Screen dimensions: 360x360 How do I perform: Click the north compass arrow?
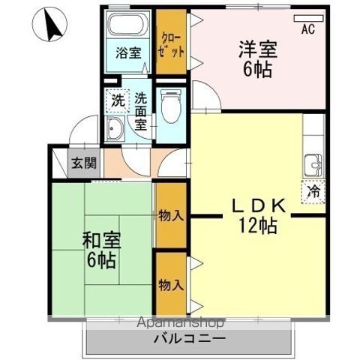tap(53, 27)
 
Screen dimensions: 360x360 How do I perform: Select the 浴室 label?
tap(128, 53)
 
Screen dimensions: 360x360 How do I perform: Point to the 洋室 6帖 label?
tap(257, 59)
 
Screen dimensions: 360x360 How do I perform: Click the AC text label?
tap(307, 30)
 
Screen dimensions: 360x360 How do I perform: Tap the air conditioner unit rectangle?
tap(310, 16)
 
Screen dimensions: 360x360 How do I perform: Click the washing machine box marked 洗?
tap(118, 99)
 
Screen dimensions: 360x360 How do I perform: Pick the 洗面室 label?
tap(140, 111)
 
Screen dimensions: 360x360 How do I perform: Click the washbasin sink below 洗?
tap(117, 129)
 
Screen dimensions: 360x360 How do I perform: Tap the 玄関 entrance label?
tap(79, 163)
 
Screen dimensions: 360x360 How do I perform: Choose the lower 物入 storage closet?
tap(170, 284)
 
